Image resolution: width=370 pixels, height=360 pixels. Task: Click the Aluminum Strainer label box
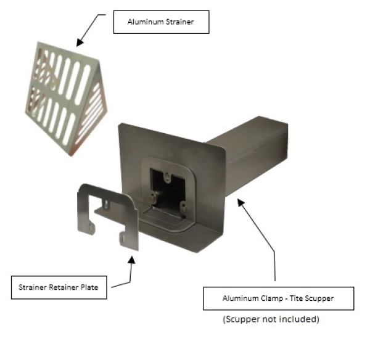pos(161,22)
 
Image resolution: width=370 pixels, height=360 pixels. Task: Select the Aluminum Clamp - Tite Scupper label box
pos(278,298)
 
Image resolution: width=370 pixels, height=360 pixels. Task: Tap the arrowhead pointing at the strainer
pos(78,43)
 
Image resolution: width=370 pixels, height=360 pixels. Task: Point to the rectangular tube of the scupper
pos(259,148)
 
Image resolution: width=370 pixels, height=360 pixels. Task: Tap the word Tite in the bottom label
pos(290,298)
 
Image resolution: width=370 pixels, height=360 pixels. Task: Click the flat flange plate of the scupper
pos(133,148)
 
